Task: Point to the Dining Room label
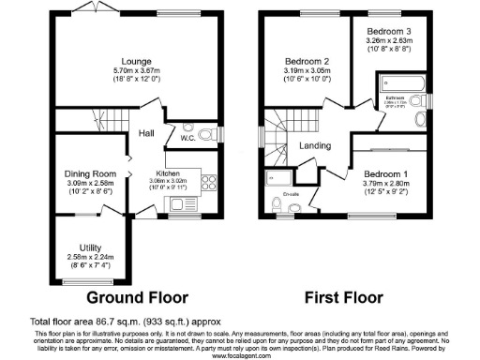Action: (90, 173)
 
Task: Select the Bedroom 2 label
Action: (305, 62)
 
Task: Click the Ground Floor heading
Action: (131, 297)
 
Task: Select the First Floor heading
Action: (344, 297)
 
